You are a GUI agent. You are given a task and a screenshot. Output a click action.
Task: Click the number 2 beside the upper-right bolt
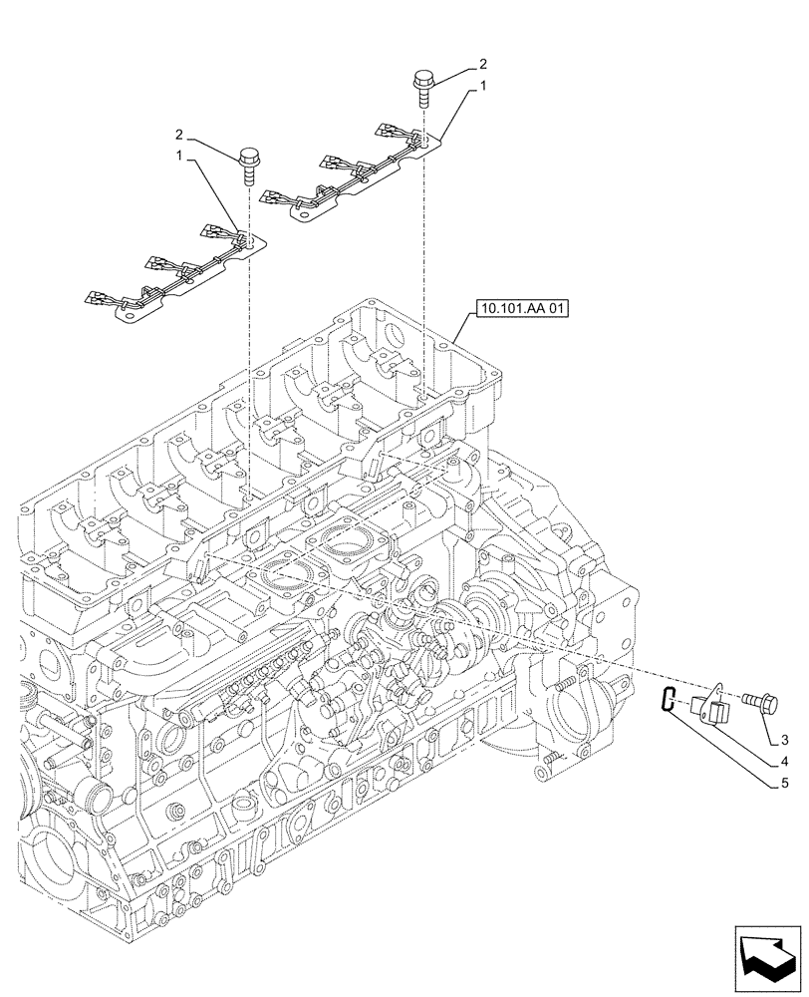coord(482,63)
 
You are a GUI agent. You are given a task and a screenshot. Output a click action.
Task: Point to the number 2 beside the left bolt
coord(179,134)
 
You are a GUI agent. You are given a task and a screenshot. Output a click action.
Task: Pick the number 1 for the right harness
coord(482,87)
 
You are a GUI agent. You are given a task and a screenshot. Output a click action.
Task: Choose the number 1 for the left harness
coord(179,157)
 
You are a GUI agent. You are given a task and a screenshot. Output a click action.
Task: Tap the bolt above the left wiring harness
coord(248,162)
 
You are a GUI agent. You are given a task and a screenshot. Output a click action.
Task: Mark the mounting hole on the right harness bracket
coord(425,143)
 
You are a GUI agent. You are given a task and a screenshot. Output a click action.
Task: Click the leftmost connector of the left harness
coord(96,296)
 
